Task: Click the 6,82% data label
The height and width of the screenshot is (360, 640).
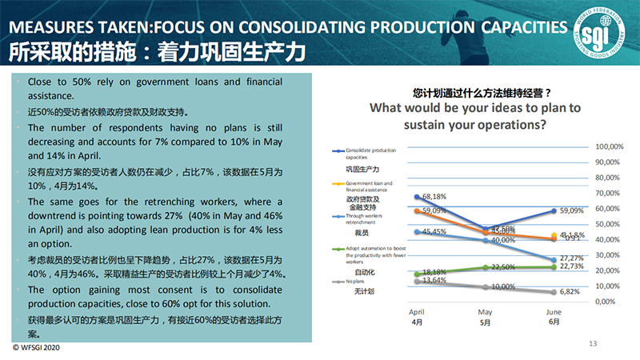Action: (x=568, y=292)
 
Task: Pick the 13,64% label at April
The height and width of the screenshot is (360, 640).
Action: (x=433, y=281)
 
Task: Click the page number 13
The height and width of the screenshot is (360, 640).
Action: (x=593, y=343)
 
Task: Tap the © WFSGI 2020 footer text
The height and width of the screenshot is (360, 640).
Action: (x=35, y=349)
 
